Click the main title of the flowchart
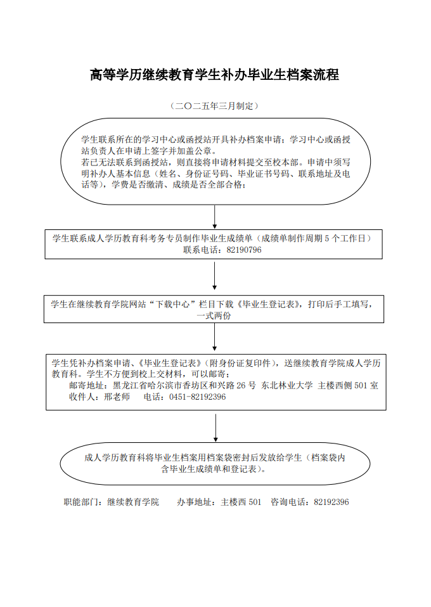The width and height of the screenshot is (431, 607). pos(214,74)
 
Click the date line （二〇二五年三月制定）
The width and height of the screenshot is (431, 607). pos(214,106)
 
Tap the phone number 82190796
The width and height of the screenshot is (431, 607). pos(244,250)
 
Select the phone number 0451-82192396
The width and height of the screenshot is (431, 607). pos(198,397)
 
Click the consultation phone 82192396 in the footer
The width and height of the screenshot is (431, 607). pos(331,502)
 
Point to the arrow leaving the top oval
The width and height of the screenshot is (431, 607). pos(214,217)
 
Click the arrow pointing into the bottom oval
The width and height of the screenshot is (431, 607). pos(215,428)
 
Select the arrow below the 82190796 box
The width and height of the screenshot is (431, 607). pos(214,276)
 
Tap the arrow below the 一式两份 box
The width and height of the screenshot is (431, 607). pos(214,337)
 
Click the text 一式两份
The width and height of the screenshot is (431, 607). pos(214,316)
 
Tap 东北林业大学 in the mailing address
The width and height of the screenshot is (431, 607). pos(287,386)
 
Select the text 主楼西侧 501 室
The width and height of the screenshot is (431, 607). pos(348,386)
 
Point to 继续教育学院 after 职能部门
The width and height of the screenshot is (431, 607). pos(133,502)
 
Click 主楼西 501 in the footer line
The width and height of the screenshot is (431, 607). pos(241,502)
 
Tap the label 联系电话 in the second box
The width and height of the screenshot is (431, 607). pos(200,250)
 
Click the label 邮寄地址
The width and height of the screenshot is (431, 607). pos(86,386)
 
